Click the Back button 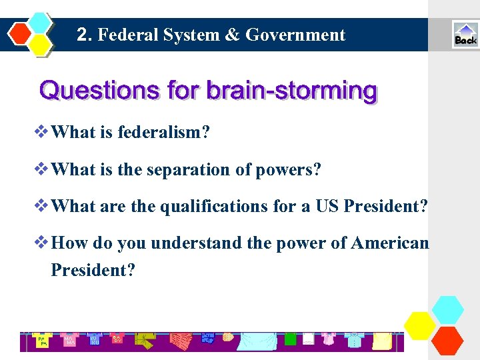pyautogui.click(x=465, y=35)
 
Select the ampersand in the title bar pyautogui.click(x=231, y=35)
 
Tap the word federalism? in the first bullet pyautogui.click(x=164, y=132)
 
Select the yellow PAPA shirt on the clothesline pyautogui.click(x=41, y=341)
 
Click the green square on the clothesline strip pyautogui.click(x=290, y=339)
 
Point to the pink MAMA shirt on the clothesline pyautogui.click(x=69, y=339)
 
